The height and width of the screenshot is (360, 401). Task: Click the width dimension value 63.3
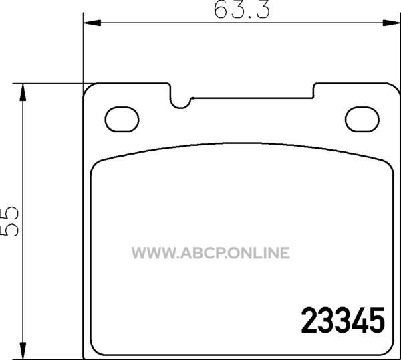[x=241, y=11]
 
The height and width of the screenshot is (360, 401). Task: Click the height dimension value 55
[x=10, y=221]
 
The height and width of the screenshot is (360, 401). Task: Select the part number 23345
[x=343, y=321]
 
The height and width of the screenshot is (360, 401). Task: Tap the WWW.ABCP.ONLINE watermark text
[x=211, y=253]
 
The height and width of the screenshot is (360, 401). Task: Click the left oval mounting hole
[x=122, y=120]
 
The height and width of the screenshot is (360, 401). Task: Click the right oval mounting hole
[x=362, y=120]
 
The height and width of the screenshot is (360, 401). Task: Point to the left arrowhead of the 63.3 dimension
[x=92, y=23]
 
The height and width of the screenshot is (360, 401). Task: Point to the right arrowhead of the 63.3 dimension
[x=391, y=23]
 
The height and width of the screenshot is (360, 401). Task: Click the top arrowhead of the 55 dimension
[x=23, y=92]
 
